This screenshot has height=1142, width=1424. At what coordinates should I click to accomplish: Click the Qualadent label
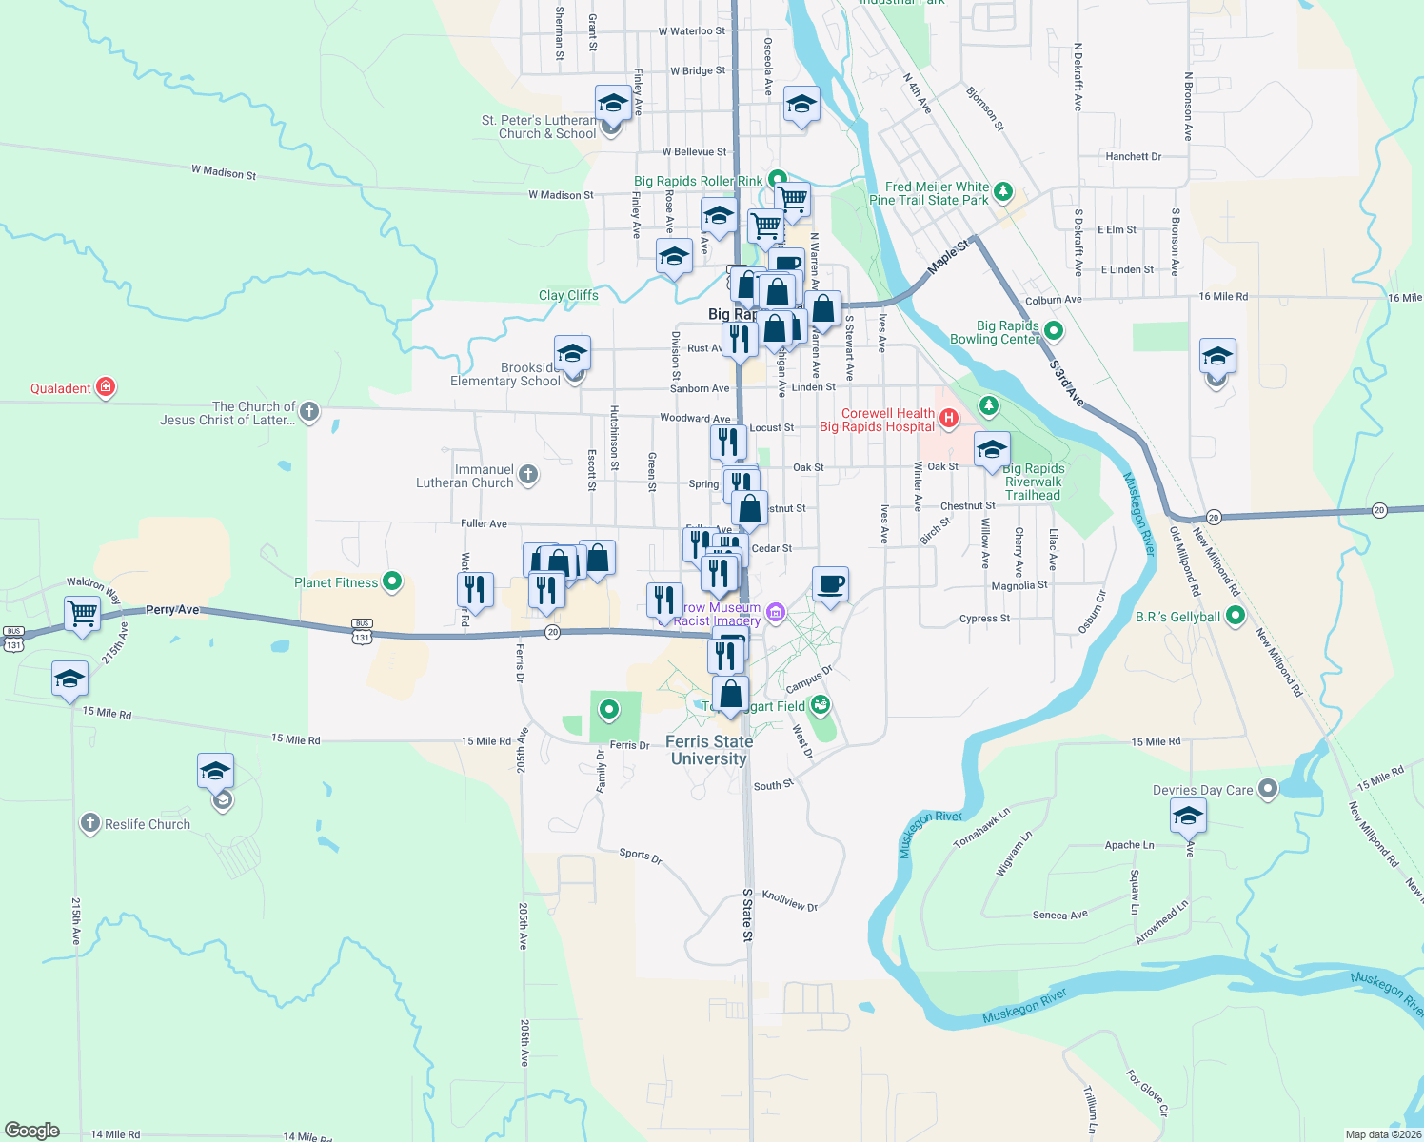[x=61, y=388]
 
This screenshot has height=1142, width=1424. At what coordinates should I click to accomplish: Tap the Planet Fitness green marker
[x=391, y=581]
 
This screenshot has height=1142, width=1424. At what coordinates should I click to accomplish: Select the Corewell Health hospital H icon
[x=948, y=417]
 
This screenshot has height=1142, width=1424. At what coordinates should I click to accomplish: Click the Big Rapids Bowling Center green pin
[x=1054, y=330]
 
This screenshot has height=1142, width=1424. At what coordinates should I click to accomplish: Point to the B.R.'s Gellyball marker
[x=1236, y=616]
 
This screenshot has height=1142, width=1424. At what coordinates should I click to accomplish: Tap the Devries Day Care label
[x=1202, y=790]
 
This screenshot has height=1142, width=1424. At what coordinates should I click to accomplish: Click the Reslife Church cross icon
[x=89, y=823]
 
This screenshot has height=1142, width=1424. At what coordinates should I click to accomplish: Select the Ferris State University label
[x=709, y=750]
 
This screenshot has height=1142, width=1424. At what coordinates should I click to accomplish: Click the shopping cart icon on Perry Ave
[x=83, y=613]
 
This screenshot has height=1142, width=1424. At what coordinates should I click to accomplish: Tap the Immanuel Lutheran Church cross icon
[x=528, y=474]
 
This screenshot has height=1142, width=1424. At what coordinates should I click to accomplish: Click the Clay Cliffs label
[x=568, y=295]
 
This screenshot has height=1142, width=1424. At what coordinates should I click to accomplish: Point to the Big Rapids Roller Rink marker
[x=778, y=178]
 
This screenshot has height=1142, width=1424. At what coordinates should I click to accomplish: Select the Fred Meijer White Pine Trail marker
[x=1002, y=193]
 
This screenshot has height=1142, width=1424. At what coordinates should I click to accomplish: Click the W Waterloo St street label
[x=691, y=31]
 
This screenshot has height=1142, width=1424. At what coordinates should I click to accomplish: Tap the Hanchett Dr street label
[x=1133, y=156]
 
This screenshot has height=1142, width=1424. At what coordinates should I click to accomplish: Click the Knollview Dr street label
[x=789, y=901]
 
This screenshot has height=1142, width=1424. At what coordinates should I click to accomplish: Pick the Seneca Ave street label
[x=1059, y=915]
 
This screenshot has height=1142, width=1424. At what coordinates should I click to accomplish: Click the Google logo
[x=31, y=1131]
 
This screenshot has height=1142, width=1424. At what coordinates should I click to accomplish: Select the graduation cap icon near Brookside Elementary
[x=571, y=354]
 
